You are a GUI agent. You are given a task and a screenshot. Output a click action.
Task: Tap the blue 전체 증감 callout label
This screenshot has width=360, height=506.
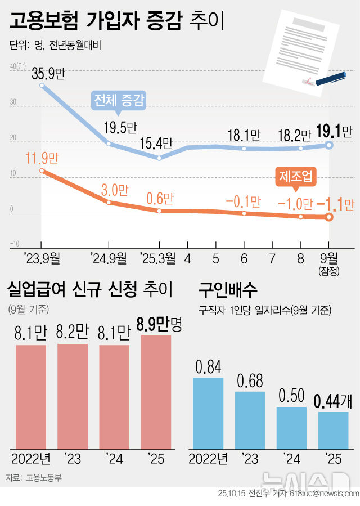[119, 101]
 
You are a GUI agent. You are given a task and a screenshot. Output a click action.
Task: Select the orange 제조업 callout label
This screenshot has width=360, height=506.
[296, 177]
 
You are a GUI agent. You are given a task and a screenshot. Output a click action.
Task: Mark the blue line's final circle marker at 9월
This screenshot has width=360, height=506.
[329, 145]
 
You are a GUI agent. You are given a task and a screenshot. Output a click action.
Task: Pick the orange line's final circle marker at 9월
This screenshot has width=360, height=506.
[329, 217]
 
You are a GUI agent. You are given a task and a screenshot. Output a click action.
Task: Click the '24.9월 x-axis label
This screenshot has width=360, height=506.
[109, 258]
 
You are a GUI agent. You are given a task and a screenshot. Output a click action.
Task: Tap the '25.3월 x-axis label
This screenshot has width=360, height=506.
[158, 258]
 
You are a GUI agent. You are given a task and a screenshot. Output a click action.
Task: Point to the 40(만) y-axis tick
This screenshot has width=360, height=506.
[17, 66]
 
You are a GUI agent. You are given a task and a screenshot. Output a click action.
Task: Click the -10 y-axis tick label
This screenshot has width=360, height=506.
[14, 244]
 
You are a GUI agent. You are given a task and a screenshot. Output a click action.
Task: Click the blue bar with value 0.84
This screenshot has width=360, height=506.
[208, 414]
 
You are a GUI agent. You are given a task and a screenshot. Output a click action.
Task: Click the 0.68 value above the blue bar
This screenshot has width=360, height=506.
[250, 381]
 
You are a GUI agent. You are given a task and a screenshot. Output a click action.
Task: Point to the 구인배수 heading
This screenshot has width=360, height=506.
[228, 290]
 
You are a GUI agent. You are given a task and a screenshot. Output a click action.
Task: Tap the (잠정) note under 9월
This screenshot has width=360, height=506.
[329, 271]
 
